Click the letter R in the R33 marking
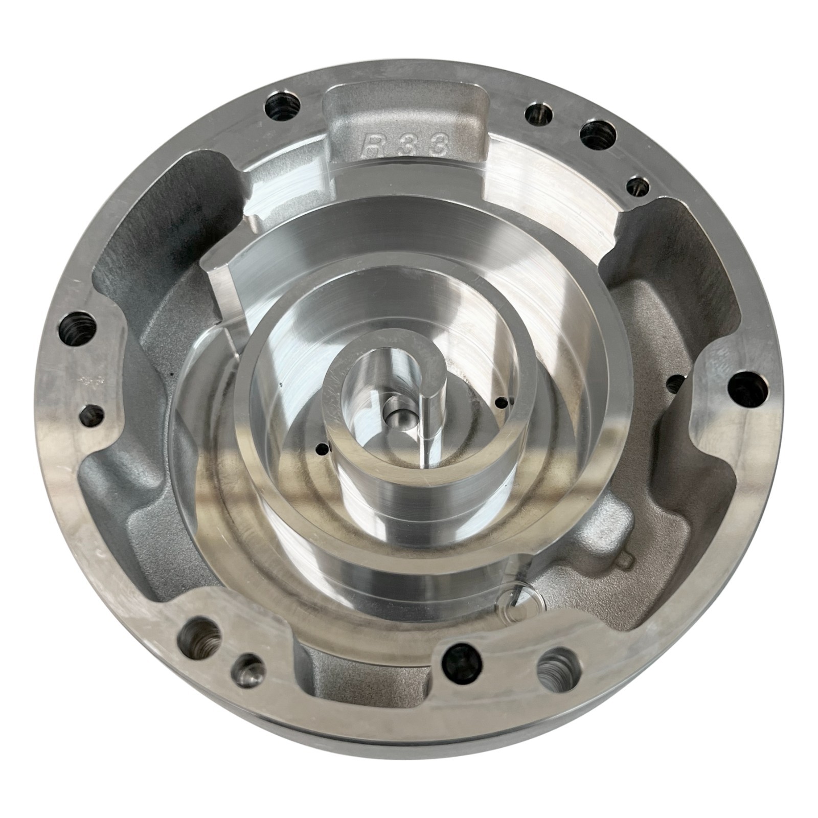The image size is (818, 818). pyautogui.click(x=372, y=144)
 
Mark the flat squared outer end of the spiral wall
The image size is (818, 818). pyautogui.click(x=219, y=297)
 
